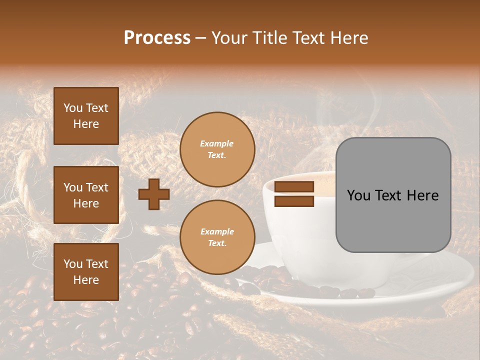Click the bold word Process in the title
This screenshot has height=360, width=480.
(x=157, y=38)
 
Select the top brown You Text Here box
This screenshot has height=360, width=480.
(x=86, y=116)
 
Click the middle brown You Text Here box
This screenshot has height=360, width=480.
(x=86, y=195)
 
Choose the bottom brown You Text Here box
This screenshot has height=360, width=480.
(x=86, y=271)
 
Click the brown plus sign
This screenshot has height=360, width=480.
(x=154, y=194)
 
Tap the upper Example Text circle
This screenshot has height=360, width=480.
(x=217, y=149)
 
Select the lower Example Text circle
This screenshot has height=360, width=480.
(x=217, y=237)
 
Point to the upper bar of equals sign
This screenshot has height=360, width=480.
(x=294, y=187)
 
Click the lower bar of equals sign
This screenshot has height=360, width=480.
(x=294, y=201)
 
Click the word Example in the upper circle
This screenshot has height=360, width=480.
(x=217, y=143)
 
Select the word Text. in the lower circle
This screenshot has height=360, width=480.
(x=217, y=243)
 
